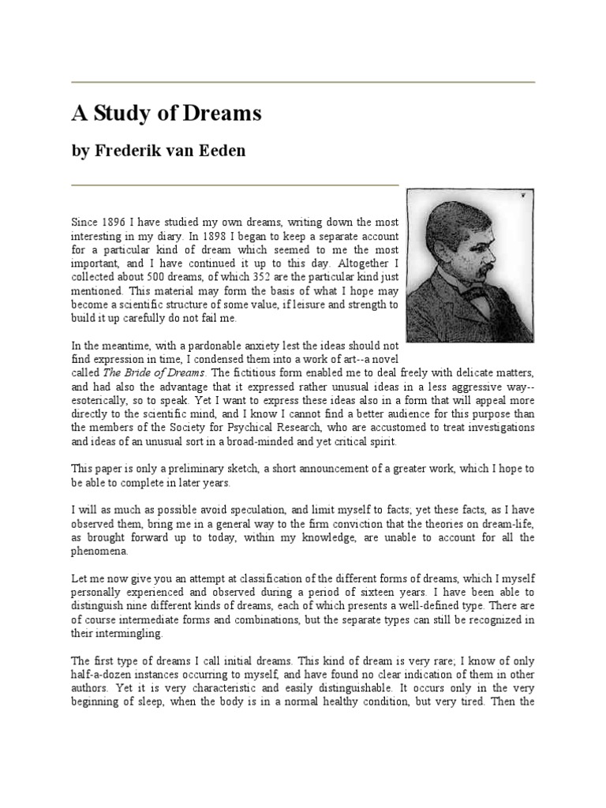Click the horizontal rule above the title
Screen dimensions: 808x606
[x=303, y=82]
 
